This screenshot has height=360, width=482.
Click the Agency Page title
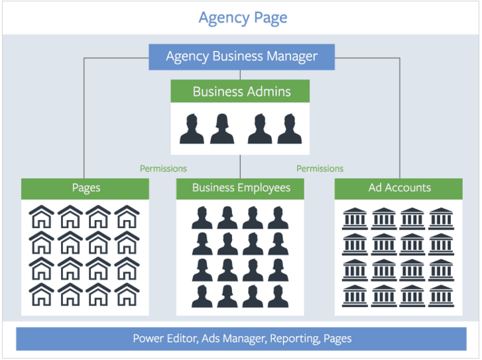click(x=243, y=17)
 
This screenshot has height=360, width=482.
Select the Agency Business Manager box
click(x=241, y=56)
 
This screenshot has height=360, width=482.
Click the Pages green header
click(x=86, y=188)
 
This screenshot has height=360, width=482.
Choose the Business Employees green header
click(x=241, y=188)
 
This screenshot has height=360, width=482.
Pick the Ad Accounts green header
click(x=399, y=188)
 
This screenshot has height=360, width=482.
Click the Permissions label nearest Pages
click(x=163, y=169)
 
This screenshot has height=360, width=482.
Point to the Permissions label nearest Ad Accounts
click(x=320, y=169)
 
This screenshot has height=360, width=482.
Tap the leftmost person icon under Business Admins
click(x=192, y=129)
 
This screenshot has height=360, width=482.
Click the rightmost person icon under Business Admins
click(x=290, y=129)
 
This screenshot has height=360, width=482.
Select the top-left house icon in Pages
click(x=42, y=216)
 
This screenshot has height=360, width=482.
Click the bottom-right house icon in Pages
click(x=127, y=294)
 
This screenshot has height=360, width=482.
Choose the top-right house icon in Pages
click(x=127, y=216)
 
